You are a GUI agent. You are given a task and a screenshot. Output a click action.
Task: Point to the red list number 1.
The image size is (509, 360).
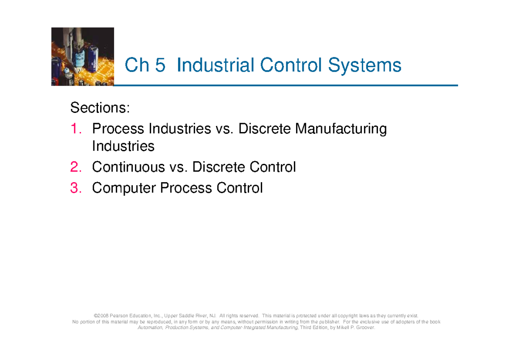(x=75, y=129)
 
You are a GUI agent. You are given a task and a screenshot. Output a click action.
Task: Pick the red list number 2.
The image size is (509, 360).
(x=76, y=167)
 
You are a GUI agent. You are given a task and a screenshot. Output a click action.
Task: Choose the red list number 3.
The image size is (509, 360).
(x=76, y=188)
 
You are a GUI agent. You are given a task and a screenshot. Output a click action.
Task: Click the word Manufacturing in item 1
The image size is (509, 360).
(x=341, y=129)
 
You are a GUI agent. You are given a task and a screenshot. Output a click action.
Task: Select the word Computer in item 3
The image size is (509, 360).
(x=123, y=188)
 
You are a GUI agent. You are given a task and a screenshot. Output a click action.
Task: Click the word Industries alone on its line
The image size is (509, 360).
(x=123, y=146)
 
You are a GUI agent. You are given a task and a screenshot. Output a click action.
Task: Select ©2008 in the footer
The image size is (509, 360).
(x=101, y=316)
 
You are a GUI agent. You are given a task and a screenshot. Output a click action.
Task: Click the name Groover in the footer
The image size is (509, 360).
(x=365, y=328)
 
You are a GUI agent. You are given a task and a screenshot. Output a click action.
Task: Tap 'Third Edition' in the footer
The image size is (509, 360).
(x=313, y=328)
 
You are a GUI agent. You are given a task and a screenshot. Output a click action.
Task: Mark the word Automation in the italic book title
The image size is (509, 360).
(x=148, y=328)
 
